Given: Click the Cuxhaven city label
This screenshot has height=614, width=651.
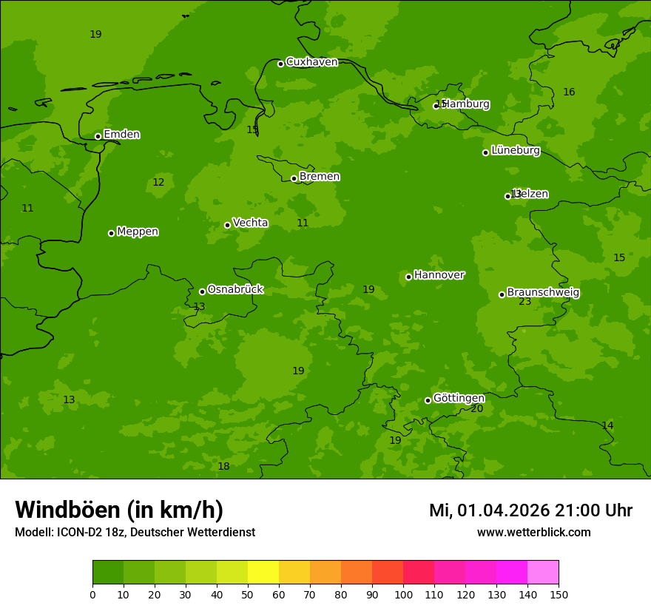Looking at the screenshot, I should (x=311, y=62).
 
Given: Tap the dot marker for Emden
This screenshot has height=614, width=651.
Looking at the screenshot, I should (x=98, y=136).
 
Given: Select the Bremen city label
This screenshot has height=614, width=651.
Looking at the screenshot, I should (x=320, y=177).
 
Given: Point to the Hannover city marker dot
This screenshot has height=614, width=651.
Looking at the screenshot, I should (x=408, y=277).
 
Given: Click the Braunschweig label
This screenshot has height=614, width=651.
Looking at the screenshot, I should (x=543, y=293).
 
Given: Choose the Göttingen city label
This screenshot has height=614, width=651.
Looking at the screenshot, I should (x=459, y=399).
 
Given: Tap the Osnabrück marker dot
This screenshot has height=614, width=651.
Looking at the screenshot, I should (x=202, y=291).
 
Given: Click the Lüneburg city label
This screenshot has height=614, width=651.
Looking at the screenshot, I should (x=515, y=151).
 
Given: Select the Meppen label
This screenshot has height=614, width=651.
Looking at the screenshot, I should (x=138, y=232).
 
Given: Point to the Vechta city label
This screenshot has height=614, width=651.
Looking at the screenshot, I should (x=250, y=223).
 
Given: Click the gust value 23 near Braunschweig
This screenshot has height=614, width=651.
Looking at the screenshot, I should (x=525, y=302).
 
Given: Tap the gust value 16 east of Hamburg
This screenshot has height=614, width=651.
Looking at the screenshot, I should (x=569, y=92).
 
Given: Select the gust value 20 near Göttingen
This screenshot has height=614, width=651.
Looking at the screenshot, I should (x=477, y=409).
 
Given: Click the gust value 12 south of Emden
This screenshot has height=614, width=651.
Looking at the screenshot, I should (x=158, y=183).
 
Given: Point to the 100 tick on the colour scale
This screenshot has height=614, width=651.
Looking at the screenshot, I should (x=403, y=595).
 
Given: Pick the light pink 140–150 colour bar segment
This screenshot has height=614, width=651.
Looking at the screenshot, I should (x=543, y=573).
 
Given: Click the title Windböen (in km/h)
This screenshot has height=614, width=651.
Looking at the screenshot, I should (x=119, y=510).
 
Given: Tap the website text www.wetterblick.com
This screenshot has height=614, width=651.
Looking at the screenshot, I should (x=534, y=533).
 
